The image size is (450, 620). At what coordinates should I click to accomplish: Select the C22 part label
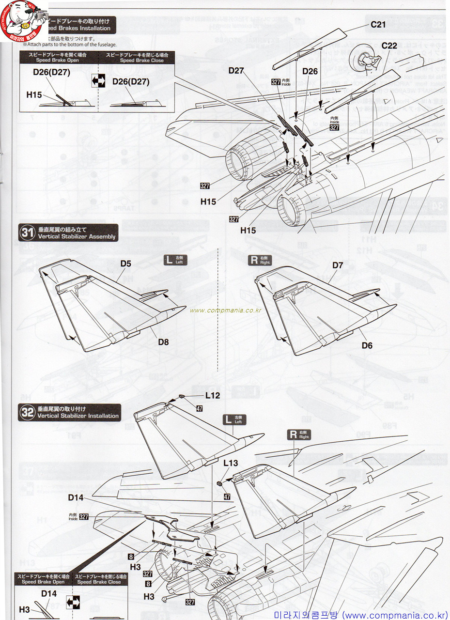point(389,46)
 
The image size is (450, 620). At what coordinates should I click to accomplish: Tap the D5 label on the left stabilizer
point(126,264)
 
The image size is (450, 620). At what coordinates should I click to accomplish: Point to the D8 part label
point(163,342)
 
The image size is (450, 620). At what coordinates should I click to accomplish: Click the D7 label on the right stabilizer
point(338,265)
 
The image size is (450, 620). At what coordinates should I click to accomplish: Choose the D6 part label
point(367,345)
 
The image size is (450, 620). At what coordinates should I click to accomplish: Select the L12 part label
point(212,396)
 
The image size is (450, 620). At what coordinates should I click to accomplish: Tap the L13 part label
point(231,464)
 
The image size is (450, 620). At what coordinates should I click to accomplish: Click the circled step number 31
point(26,232)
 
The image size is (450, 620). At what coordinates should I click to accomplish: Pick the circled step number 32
point(26,412)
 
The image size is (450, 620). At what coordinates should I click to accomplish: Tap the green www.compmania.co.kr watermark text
point(226,310)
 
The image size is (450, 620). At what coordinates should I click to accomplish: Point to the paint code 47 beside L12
point(199,408)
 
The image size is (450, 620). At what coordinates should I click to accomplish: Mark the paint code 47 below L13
point(226,496)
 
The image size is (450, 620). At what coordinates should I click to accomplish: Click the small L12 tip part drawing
point(183,397)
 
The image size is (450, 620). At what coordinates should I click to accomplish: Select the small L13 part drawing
point(219,483)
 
